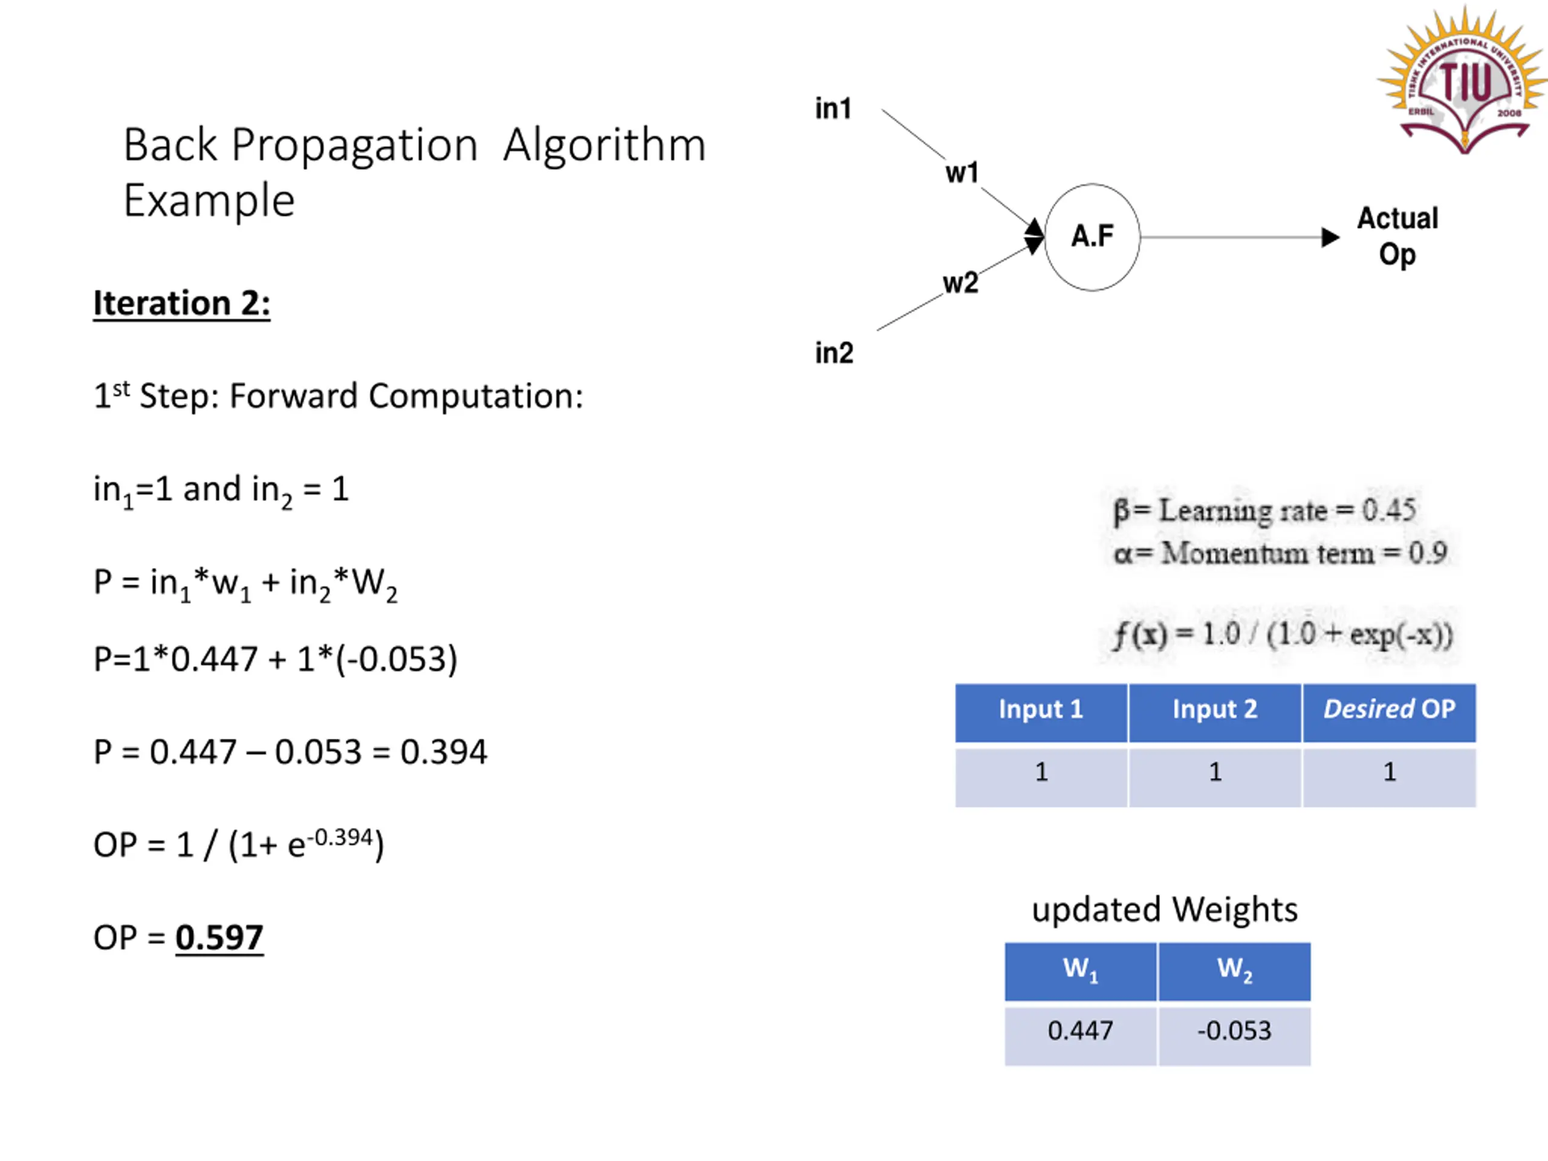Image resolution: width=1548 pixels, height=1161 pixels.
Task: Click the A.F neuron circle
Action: tap(1091, 237)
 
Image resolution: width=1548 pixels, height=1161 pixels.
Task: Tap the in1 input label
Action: tap(833, 108)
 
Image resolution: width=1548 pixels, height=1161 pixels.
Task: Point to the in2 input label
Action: tap(833, 353)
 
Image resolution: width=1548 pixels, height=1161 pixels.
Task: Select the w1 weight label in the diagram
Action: tap(961, 173)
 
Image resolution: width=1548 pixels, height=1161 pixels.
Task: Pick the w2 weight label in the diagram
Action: tap(960, 283)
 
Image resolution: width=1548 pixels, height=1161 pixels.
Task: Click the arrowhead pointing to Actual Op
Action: tap(1330, 237)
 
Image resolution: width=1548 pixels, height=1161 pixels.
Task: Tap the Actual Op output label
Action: tap(1397, 236)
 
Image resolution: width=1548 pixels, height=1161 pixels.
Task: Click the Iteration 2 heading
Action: tap(182, 304)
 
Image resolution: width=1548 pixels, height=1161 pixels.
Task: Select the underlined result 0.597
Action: tap(219, 938)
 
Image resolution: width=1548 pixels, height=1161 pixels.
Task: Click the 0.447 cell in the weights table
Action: tap(1081, 1031)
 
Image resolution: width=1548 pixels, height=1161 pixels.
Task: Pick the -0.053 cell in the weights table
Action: tap(1235, 1031)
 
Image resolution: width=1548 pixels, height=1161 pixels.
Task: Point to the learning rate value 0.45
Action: tap(1388, 510)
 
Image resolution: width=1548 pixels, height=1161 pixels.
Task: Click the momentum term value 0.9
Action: tap(1428, 553)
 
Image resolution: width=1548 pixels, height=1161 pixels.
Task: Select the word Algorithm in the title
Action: tap(605, 146)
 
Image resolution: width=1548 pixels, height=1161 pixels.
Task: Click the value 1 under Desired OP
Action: tap(1389, 772)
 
